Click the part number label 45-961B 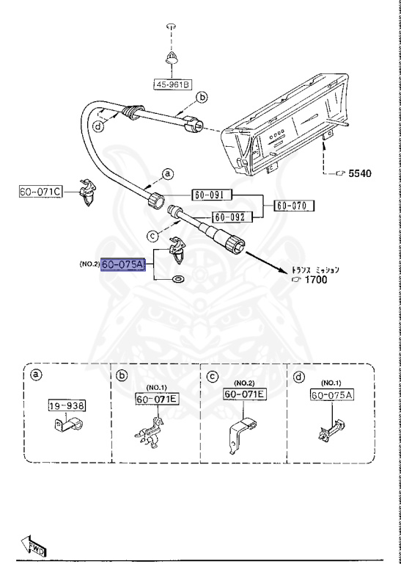(x=172, y=85)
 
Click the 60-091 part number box (x=211, y=195)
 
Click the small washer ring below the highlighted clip (x=177, y=281)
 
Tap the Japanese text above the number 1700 (x=315, y=269)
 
